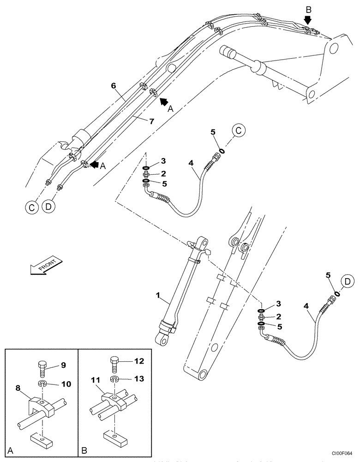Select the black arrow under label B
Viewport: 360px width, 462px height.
308,20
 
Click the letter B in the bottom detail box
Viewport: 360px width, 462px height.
84,449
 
